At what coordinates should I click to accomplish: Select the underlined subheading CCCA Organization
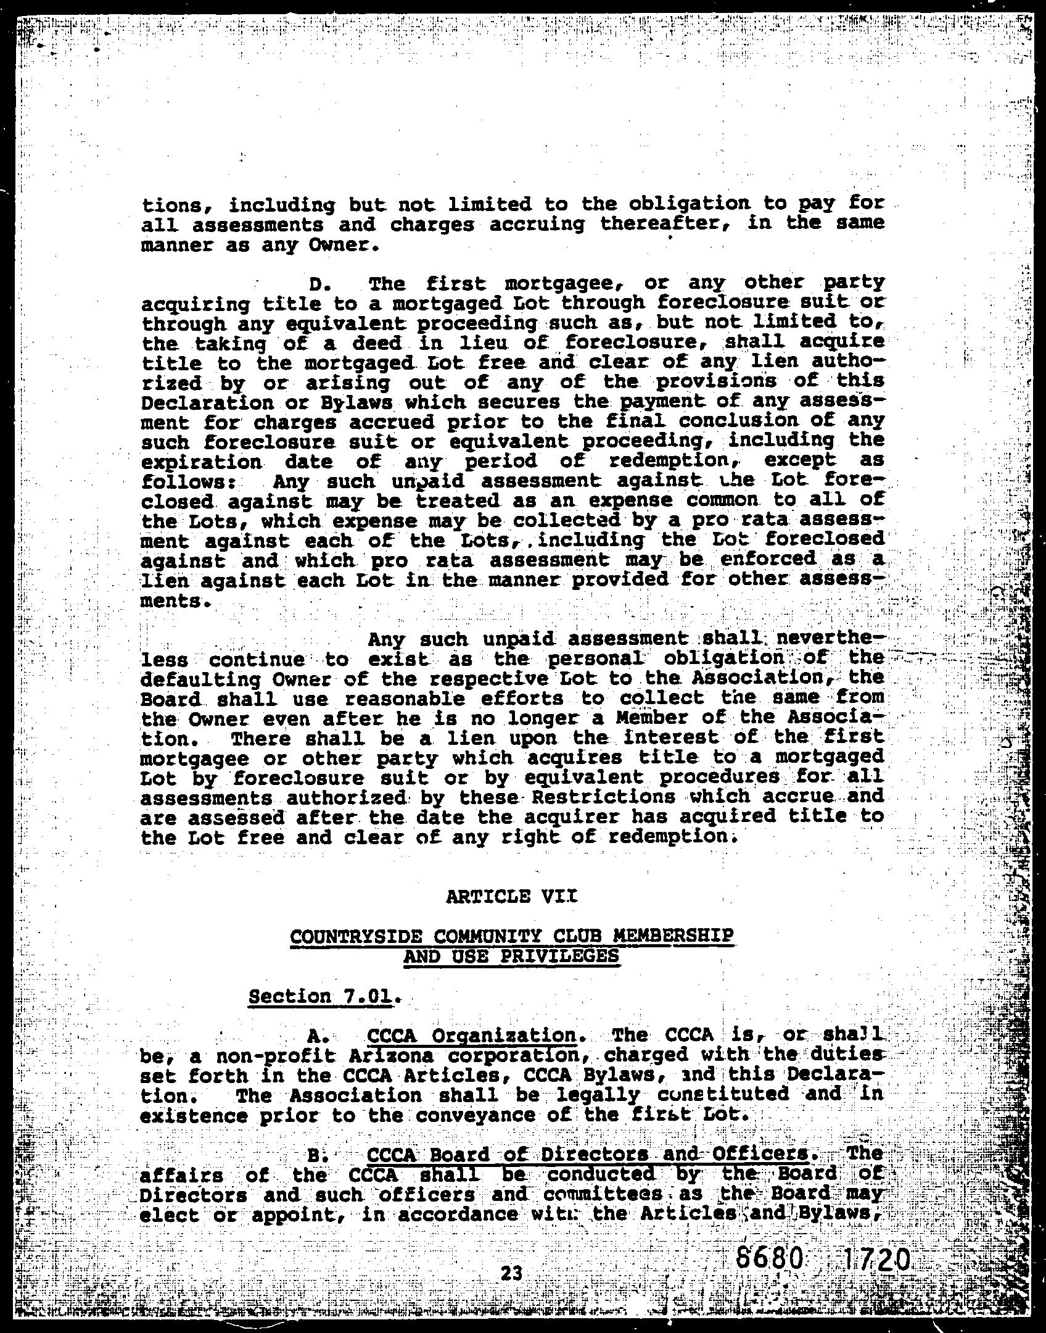pos(471,1035)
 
